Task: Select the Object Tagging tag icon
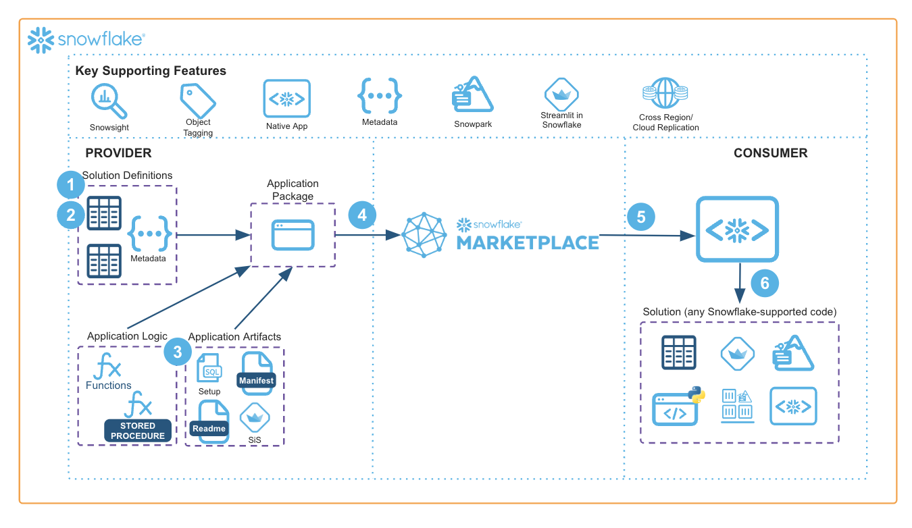(197, 101)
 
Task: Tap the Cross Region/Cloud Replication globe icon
(665, 94)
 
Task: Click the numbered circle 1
(70, 184)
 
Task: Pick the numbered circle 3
(178, 351)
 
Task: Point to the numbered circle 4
(362, 215)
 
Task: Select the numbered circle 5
(640, 217)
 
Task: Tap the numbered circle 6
(765, 283)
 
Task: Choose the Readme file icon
(209, 421)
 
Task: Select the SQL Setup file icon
(210, 369)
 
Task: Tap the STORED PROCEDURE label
(138, 431)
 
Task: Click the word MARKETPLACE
(528, 242)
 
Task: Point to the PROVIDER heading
(118, 153)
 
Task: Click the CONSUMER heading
(770, 153)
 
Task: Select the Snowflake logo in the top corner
(86, 40)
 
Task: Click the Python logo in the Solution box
(695, 395)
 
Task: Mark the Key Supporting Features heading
(151, 71)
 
